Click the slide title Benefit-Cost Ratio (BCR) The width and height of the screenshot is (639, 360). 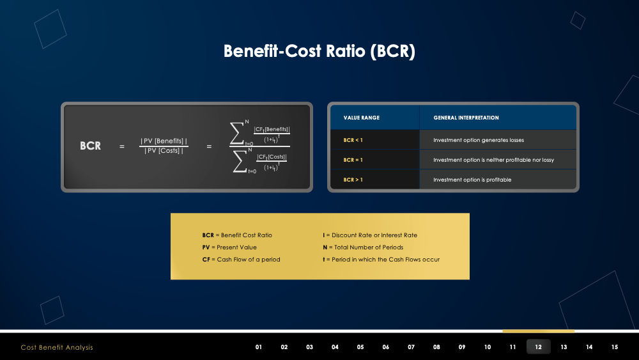point(319,51)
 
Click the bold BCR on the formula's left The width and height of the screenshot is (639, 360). point(90,146)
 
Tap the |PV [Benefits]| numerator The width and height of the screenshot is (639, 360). point(164,141)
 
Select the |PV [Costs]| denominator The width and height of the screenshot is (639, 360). point(164,151)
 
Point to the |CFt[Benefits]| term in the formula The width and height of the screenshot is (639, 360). point(272,129)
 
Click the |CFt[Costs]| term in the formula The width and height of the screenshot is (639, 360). point(272,157)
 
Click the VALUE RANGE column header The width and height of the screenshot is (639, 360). point(361,118)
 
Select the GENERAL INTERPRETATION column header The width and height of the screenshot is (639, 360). point(466,118)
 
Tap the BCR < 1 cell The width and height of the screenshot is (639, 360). point(353,140)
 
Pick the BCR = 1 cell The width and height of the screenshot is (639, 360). point(353,160)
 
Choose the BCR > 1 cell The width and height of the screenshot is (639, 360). point(353,180)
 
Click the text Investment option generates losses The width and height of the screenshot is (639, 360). point(478,140)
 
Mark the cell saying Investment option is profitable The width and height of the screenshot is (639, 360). point(472,180)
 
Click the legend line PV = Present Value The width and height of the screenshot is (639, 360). point(229,247)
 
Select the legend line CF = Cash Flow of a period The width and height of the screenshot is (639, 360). point(241,260)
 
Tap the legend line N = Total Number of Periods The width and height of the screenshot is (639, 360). point(363,247)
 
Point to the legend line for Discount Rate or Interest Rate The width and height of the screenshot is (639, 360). point(370,235)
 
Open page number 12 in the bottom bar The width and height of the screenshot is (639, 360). point(538,347)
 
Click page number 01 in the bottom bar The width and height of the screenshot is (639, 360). point(259,347)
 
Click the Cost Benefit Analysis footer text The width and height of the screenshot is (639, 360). point(57,347)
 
